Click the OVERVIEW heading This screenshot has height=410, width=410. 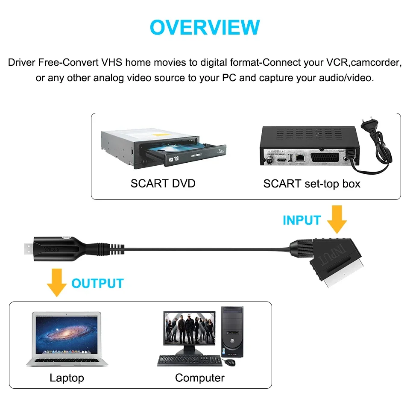205,27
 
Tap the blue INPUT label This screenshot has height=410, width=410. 302,220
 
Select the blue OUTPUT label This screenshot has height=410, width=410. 97,283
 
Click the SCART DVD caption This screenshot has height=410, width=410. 163,184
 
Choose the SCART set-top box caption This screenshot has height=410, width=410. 312,184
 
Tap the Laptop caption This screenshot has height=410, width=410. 67,378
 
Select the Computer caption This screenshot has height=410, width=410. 199,378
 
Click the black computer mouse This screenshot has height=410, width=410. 230,362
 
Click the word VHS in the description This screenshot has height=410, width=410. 112,62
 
